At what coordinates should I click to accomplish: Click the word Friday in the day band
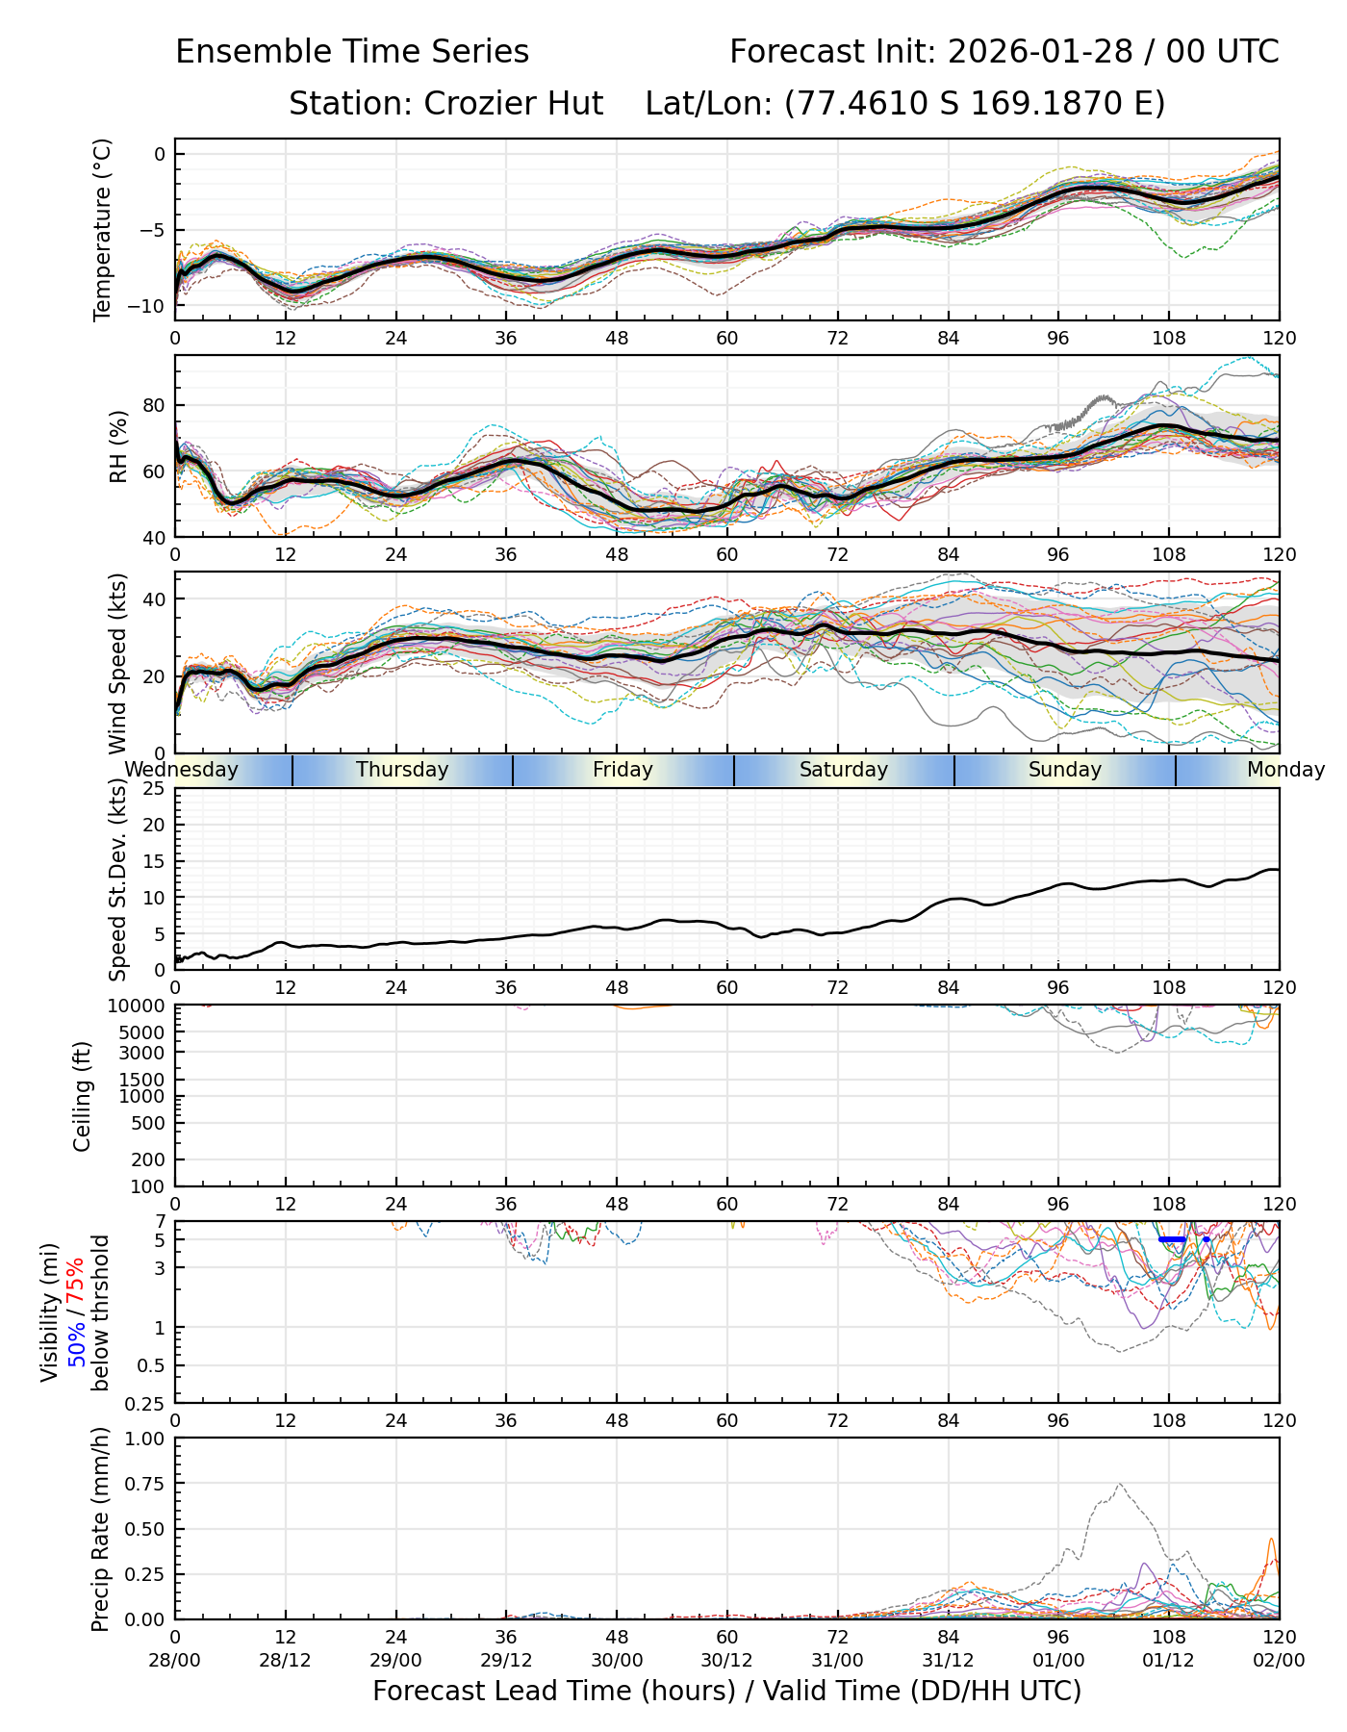623,770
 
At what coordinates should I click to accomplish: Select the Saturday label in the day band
844,770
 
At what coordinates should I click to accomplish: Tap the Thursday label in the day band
402,770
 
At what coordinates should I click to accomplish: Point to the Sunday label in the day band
1064,770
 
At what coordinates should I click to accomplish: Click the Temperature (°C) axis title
103,229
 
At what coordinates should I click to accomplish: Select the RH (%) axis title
118,446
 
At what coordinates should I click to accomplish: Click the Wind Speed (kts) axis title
118,663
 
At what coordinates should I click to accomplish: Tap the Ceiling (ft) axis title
83,1096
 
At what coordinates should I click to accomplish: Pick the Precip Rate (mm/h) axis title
100,1529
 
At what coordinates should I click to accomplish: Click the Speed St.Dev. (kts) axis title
118,879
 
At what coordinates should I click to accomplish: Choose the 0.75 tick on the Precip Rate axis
144,1483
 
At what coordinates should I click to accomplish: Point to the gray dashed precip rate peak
1119,1485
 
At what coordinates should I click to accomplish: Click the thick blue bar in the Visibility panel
1172,1239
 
